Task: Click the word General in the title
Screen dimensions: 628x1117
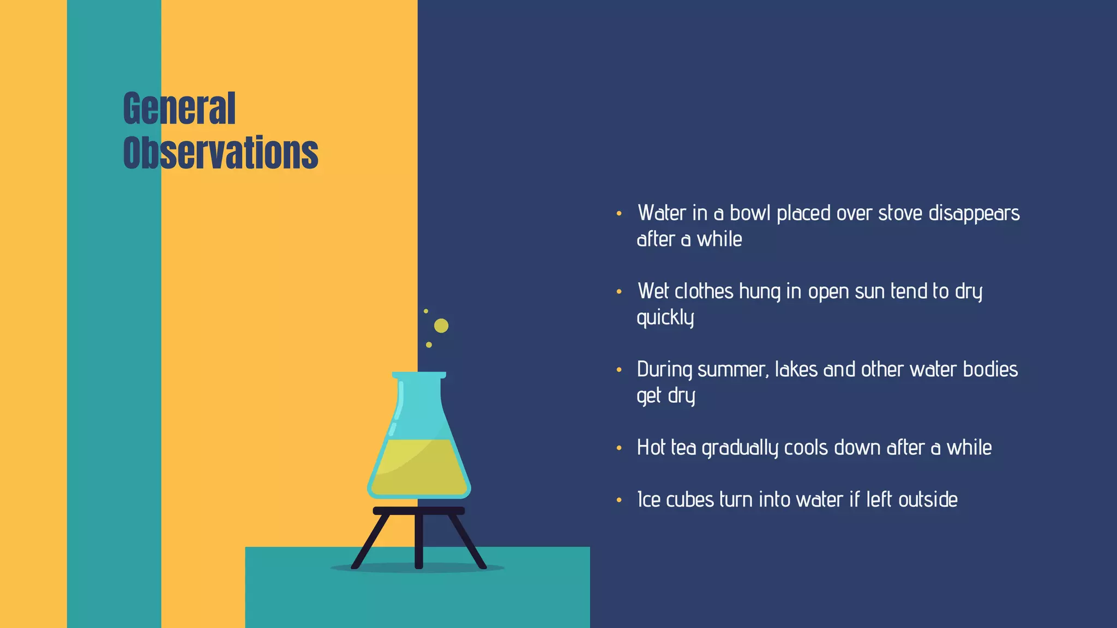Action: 179,108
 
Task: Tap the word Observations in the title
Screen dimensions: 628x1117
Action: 220,153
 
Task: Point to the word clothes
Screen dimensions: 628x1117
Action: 704,291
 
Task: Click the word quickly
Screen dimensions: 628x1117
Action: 665,318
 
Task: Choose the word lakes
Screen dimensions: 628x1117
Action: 796,370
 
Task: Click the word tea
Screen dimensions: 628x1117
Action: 683,448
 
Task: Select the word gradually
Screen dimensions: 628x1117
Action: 740,448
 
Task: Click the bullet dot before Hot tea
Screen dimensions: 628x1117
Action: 619,448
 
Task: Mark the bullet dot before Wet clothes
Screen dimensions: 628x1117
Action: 619,292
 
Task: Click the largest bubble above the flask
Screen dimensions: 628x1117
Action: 441,326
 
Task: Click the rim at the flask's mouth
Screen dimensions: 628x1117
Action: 419,375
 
